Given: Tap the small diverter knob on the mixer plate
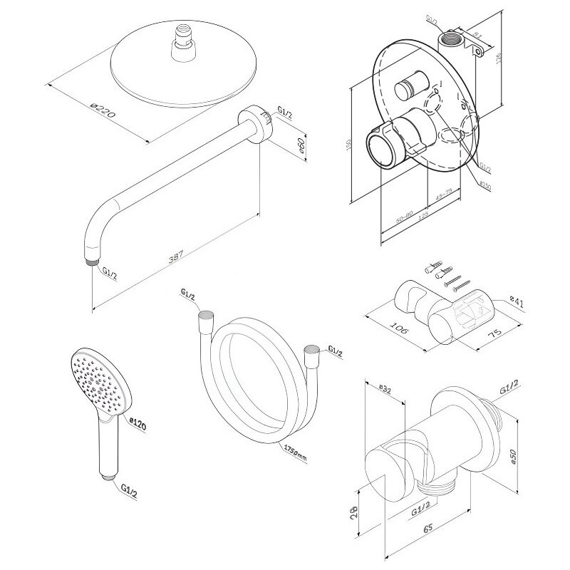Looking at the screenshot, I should click(407, 91).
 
